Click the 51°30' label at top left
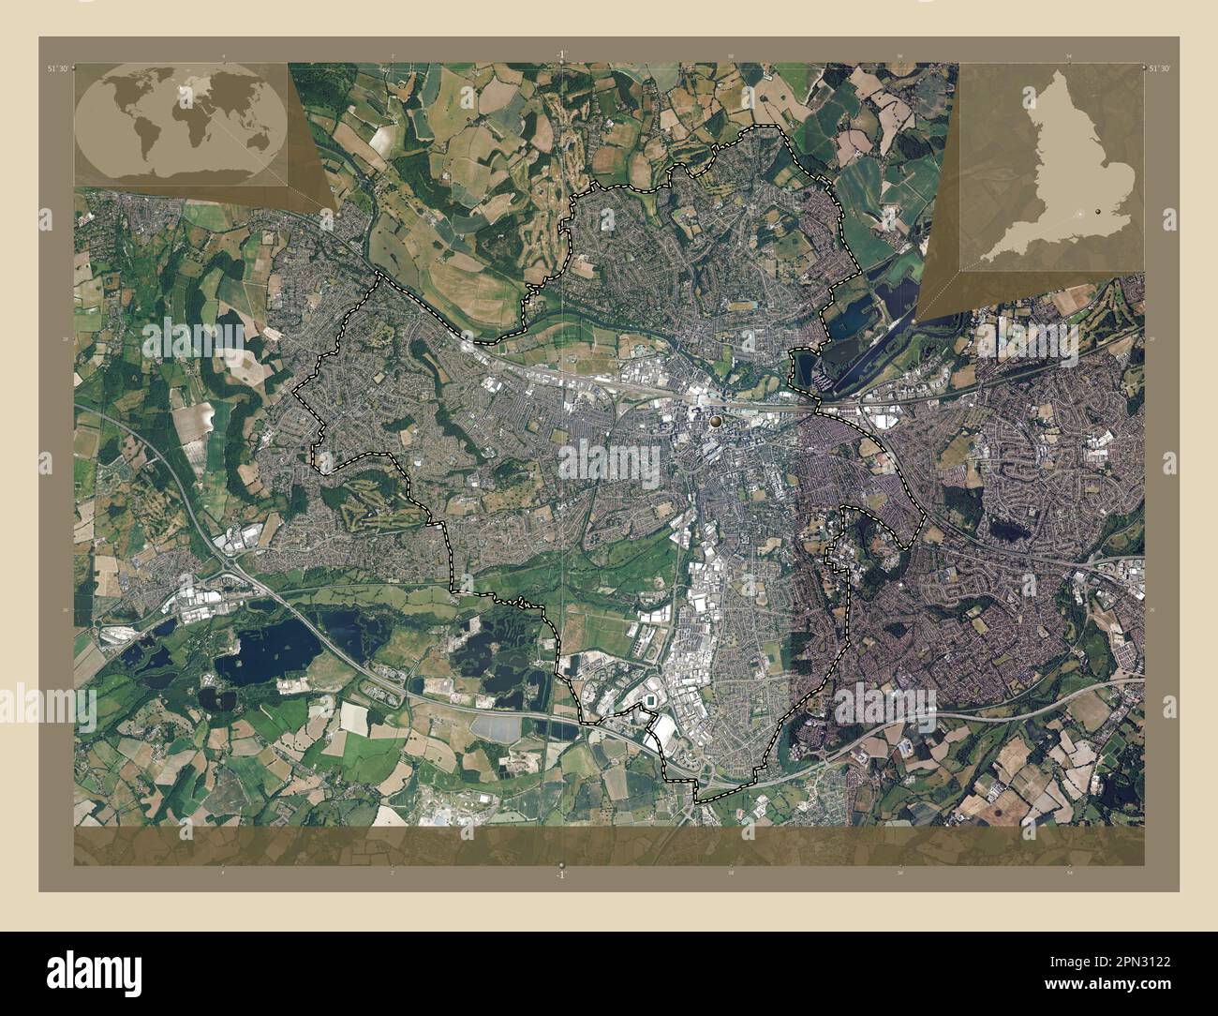59,68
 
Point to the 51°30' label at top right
1159,68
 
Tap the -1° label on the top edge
559,54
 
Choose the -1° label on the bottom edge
559,874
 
